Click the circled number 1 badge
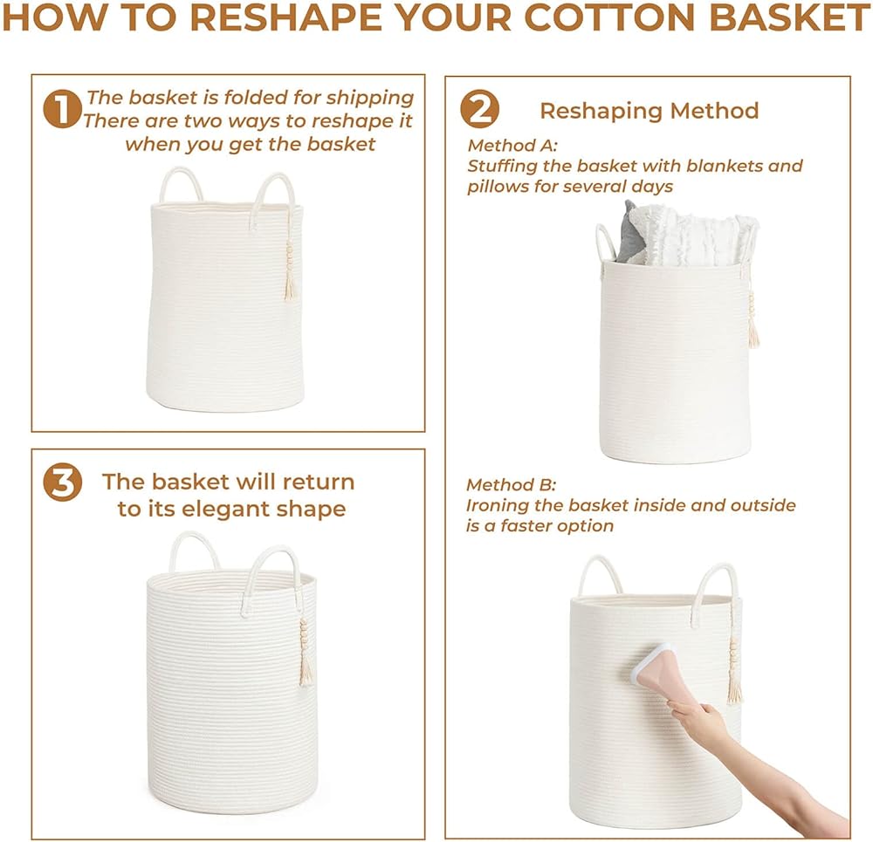[62, 108]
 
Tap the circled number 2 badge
[479, 109]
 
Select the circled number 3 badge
[62, 482]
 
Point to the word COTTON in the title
[609, 17]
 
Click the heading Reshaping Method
[650, 111]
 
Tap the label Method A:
[512, 145]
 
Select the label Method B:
[511, 485]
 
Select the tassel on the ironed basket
[734, 673]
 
